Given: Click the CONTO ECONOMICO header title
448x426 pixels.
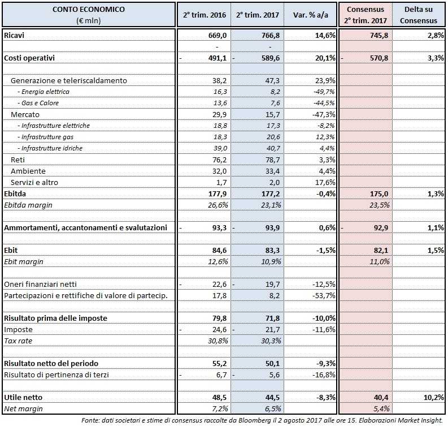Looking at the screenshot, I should click(x=89, y=10).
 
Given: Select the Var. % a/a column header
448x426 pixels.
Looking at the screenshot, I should click(x=311, y=15).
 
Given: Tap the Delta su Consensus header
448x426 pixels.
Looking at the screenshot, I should click(x=420, y=15).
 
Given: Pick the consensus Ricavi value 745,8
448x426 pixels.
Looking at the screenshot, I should click(x=376, y=35).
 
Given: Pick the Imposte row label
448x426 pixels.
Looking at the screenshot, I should click(x=18, y=329).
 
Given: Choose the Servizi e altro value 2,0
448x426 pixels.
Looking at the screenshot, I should click(x=273, y=182).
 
